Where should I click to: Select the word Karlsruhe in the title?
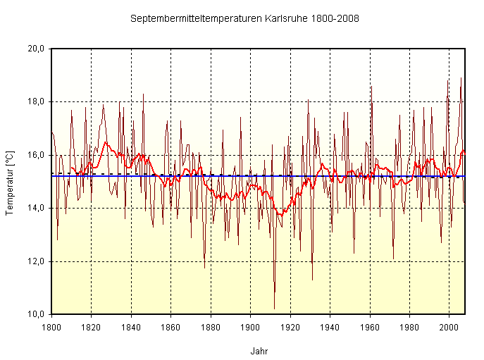[285, 19]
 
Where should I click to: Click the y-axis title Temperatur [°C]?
[10, 181]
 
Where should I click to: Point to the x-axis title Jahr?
[259, 350]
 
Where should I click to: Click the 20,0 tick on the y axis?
[37, 49]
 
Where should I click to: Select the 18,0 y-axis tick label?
[37, 101]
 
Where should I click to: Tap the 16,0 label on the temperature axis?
[37, 155]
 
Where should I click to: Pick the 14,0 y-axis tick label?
[37, 208]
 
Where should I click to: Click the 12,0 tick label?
[37, 261]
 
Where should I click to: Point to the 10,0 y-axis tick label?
[37, 314]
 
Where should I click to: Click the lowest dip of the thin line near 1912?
[274, 309]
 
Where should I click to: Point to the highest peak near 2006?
[461, 78]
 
